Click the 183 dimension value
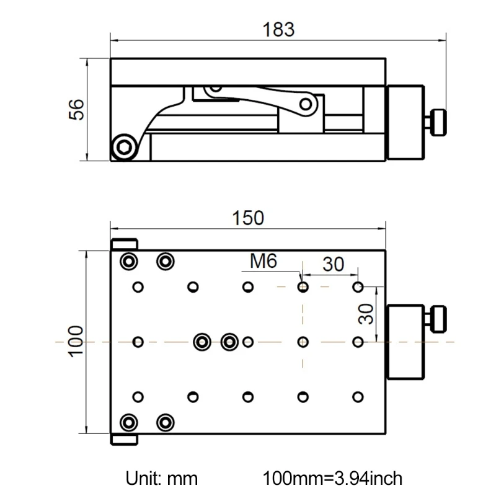pos(278,29)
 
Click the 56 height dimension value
pos(74,110)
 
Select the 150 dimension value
pos(248,218)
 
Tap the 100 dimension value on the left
pos(74,341)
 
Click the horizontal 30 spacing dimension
pos(333,265)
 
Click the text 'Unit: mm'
pos(162,478)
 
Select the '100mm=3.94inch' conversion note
pos(333,478)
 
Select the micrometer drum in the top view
pos(405,341)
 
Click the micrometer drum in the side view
pos(405,122)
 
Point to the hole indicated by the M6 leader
pos(303,287)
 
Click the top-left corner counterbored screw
pos(128,261)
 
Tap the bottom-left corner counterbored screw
pos(128,423)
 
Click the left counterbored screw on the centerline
pos(201,342)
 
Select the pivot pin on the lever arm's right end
pos(306,104)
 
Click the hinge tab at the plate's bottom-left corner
pos(124,439)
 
